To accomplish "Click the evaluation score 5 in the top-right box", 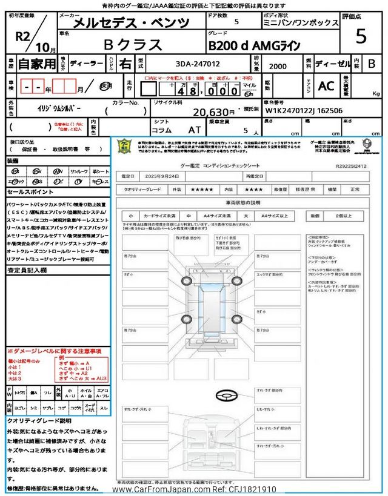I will tap(361, 38).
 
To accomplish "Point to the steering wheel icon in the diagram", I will tap(228, 394).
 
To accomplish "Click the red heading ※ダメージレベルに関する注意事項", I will tap(54, 351).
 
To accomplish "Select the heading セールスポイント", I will tap(29, 191).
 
